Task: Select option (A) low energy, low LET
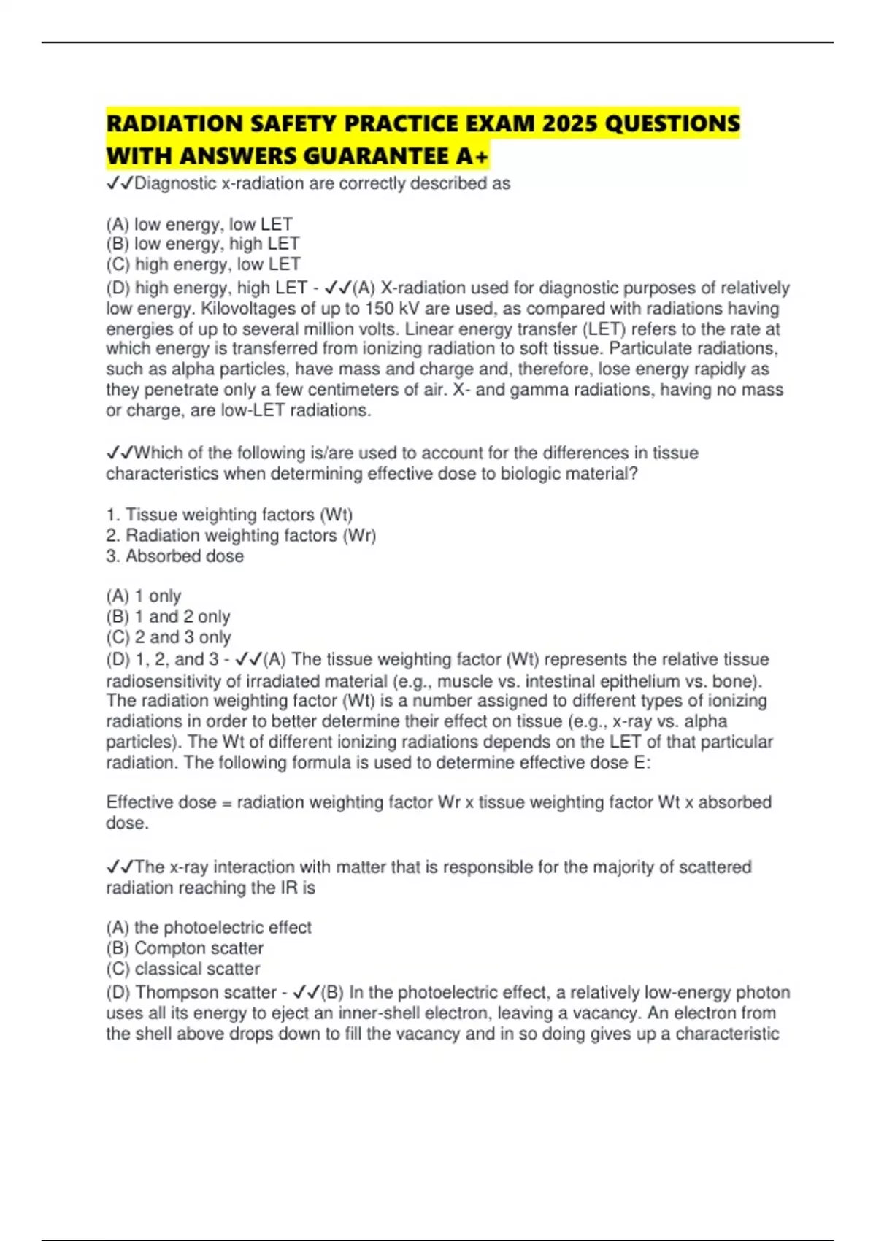[x=199, y=224]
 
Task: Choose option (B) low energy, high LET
[x=202, y=244]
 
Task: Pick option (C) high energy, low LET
[x=203, y=264]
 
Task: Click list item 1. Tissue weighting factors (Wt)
[x=229, y=515]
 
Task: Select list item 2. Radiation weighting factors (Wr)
[x=241, y=535]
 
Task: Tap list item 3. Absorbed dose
[x=175, y=556]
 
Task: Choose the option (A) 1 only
[x=144, y=596]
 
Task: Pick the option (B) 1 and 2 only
[x=168, y=617]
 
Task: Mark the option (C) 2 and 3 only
[x=169, y=637]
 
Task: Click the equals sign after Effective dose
[x=226, y=803]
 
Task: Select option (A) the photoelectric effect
[x=209, y=928]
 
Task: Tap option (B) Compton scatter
[x=185, y=948]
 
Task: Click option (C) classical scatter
[x=183, y=969]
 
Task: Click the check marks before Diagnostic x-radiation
[x=119, y=184]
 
